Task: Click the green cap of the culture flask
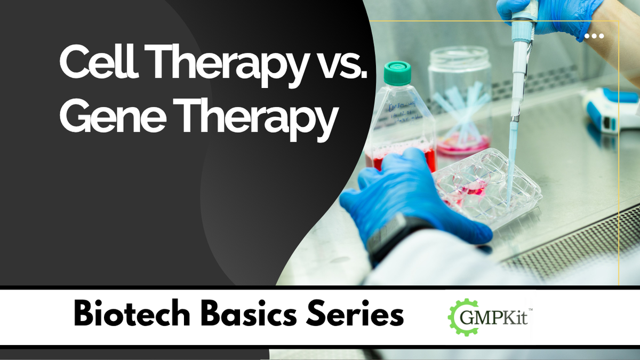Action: coord(397,73)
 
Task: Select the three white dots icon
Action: coord(594,36)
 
